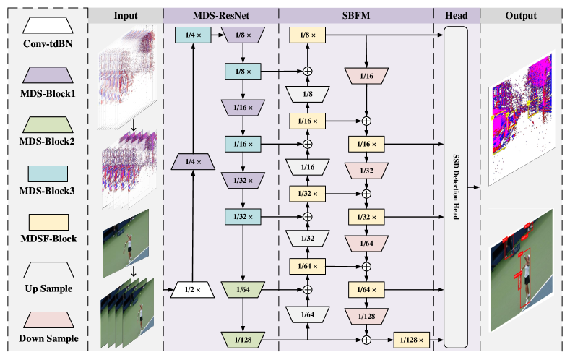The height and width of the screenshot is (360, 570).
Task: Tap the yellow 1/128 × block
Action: [x=412, y=338]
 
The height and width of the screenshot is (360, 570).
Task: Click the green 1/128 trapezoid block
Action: [x=243, y=338]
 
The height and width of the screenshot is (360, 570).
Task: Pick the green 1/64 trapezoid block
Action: [x=243, y=290]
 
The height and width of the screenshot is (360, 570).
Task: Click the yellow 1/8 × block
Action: [x=308, y=34]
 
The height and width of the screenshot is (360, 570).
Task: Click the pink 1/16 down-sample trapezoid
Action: [x=366, y=74]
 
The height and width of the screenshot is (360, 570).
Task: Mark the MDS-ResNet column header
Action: [x=220, y=15]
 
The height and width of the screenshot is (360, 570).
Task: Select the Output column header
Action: [x=521, y=15]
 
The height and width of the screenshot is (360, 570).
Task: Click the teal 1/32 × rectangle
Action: [x=243, y=216]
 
